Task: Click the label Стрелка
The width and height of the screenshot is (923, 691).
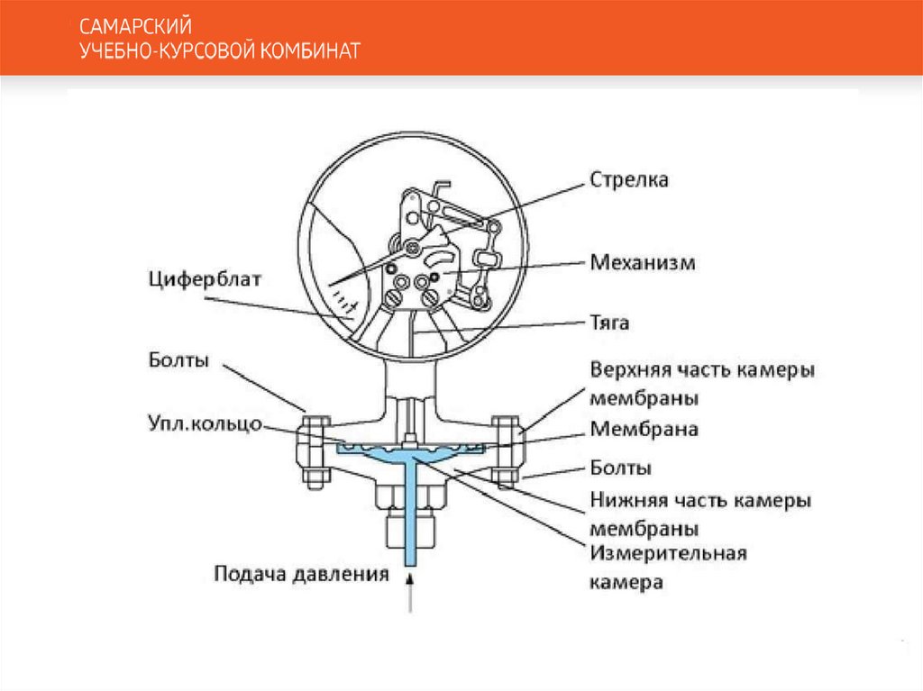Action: (629, 180)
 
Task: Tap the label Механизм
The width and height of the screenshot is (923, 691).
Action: (644, 263)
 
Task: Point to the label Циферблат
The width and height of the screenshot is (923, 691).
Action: (205, 278)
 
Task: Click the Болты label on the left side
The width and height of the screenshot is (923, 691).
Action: (179, 361)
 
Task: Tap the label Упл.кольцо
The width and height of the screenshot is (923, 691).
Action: (205, 422)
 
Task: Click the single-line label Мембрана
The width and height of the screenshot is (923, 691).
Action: (644, 430)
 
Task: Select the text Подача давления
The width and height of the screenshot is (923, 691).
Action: (301, 573)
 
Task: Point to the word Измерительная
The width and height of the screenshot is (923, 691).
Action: (668, 553)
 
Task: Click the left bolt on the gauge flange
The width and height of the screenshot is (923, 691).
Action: (315, 450)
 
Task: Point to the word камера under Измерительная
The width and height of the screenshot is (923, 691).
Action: (626, 582)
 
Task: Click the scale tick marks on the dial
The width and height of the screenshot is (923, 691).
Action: (344, 297)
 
